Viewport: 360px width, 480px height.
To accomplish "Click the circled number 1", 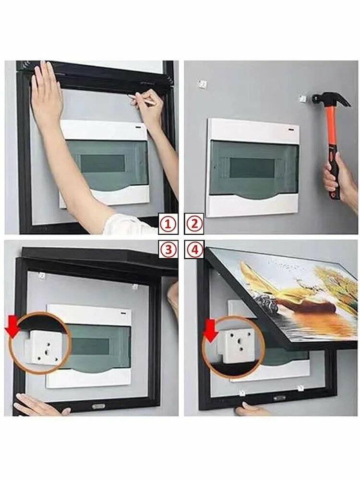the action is click(168, 224).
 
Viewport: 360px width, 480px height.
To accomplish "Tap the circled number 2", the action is click(194, 224).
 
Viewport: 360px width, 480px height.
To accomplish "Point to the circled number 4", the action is click(194, 251).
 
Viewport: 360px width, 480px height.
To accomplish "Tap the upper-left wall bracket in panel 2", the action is click(203, 84).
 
